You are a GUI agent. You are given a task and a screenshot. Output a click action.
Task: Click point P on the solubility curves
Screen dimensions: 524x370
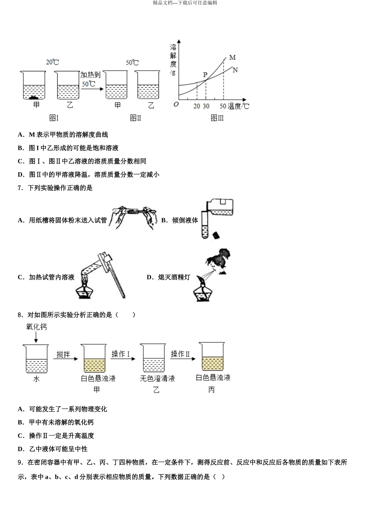click(x=206, y=80)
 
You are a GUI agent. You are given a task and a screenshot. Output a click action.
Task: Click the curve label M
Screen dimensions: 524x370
click(x=232, y=58)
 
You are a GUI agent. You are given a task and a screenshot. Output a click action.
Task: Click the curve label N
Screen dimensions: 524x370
click(x=235, y=70)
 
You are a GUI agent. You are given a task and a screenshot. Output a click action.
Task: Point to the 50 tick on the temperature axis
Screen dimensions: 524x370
click(x=223, y=106)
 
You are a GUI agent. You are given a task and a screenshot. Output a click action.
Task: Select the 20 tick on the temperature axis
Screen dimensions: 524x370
click(x=197, y=106)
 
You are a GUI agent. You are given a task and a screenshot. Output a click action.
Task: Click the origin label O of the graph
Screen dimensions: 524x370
click(x=176, y=104)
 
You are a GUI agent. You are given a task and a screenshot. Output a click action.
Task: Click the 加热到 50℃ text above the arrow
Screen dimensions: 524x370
click(x=90, y=79)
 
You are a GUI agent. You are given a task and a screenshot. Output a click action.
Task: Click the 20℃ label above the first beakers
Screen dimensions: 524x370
click(x=53, y=62)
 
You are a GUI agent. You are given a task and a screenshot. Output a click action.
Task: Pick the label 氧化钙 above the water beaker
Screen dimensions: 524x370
click(x=36, y=327)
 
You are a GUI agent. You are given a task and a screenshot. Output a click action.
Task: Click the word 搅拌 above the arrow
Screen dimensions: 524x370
click(x=63, y=354)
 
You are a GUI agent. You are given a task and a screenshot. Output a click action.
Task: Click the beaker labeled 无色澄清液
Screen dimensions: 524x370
click(x=153, y=359)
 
